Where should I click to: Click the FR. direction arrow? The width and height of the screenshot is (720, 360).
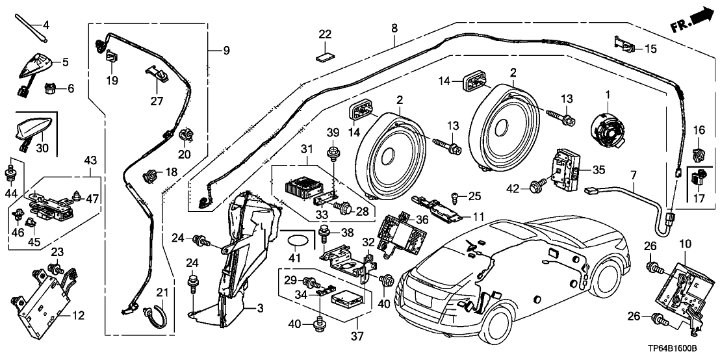point(689,19)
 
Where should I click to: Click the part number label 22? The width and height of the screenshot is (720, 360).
point(325,34)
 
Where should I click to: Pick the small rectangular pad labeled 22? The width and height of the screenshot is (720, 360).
point(325,56)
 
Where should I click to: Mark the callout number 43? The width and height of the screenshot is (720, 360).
point(90,159)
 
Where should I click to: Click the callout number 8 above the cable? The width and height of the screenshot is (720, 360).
point(394,29)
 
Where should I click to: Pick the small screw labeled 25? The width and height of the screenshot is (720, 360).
point(456,196)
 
